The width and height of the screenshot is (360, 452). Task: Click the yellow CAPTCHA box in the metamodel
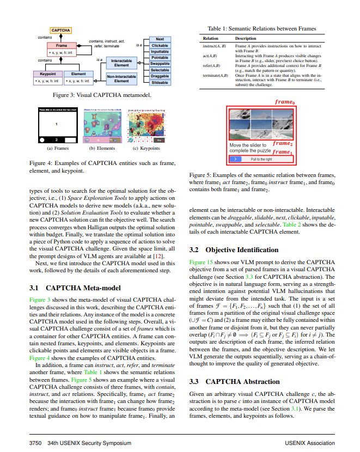coord(60,30)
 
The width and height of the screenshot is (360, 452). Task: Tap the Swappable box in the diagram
coord(160,64)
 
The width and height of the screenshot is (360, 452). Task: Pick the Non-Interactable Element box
coord(121,80)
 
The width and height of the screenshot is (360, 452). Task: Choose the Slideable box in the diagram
coord(160,83)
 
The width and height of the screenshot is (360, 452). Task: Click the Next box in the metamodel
coord(160,39)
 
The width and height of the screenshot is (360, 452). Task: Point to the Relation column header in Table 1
coord(210,39)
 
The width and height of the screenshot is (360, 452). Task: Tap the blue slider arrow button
coord(235,159)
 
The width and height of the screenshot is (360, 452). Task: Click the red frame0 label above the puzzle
coord(285,102)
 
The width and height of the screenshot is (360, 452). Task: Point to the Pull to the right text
coord(261,159)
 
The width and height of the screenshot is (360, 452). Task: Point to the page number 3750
coord(36,443)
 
